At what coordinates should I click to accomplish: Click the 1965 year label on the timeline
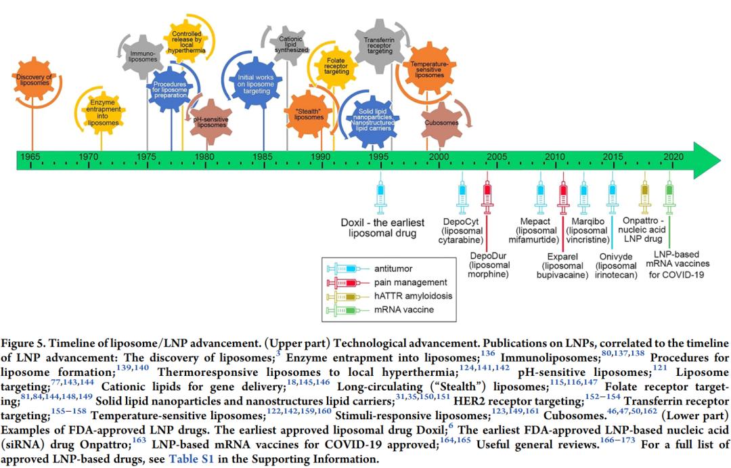pyautogui.click(x=30, y=157)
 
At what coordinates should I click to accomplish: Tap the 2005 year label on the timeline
pyautogui.click(x=497, y=157)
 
